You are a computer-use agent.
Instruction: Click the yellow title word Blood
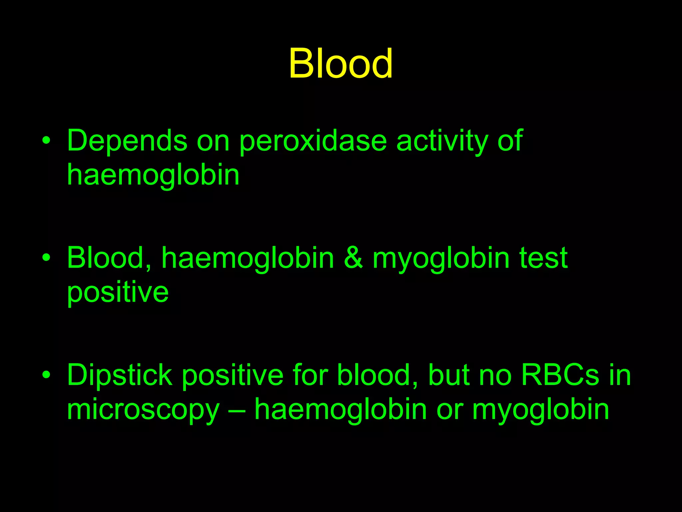point(341,63)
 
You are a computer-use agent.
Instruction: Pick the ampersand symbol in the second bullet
point(353,258)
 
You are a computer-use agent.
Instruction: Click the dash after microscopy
point(237,410)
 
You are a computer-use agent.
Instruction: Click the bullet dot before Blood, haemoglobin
point(47,258)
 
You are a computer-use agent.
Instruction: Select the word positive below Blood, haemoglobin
point(118,293)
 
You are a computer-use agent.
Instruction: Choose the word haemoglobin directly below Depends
point(153,175)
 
